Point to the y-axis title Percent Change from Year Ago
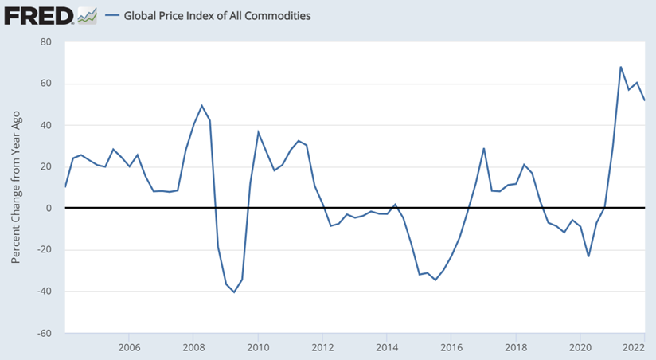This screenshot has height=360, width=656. click(16, 188)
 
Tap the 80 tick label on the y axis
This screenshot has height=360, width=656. click(46, 42)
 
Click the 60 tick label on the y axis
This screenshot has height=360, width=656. click(46, 84)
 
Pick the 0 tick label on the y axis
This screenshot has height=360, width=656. click(49, 208)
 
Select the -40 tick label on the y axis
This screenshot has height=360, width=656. click(44, 291)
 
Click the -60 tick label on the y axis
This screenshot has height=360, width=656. click(44, 332)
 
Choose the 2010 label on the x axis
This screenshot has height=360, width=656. click(257, 347)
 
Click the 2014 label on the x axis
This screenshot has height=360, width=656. click(387, 347)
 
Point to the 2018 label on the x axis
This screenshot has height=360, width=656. click(516, 347)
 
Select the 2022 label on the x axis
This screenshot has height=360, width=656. click(634, 347)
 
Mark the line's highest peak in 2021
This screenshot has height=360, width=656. click(620, 67)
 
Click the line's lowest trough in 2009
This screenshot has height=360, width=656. click(234, 292)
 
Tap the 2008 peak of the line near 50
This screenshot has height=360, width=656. click(201, 105)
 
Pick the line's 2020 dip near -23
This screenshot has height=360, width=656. click(588, 256)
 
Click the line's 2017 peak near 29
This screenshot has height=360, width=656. click(484, 148)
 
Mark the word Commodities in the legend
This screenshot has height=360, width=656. click(279, 15)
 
